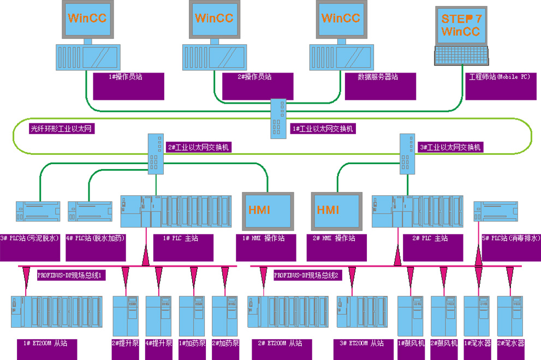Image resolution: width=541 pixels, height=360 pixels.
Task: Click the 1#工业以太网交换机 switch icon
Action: point(276,118)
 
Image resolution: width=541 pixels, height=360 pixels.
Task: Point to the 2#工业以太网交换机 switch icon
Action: point(154,154)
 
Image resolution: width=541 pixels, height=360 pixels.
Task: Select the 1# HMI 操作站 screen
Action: point(267,210)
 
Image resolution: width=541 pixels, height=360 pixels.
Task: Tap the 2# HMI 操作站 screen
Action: point(335,210)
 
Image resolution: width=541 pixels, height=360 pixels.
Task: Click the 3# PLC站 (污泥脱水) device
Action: point(38,213)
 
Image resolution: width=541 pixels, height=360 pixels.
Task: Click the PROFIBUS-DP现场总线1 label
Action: point(70,276)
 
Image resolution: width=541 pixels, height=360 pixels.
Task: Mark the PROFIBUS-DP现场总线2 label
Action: point(307,276)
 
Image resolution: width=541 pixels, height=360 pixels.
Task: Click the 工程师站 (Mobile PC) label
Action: point(499,77)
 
